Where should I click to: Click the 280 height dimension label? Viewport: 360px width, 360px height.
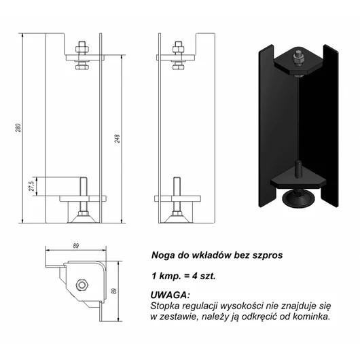click(18, 128)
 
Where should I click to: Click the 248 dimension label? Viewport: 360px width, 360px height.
click(117, 139)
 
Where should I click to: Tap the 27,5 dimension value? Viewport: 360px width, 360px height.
click(32, 186)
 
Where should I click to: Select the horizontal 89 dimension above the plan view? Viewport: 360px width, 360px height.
click(76, 246)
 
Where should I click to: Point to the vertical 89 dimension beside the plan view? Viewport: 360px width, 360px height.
click(113, 291)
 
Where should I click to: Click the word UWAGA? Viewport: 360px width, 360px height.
click(170, 295)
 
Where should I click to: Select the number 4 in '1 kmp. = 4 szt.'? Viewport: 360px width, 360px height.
click(195, 276)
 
